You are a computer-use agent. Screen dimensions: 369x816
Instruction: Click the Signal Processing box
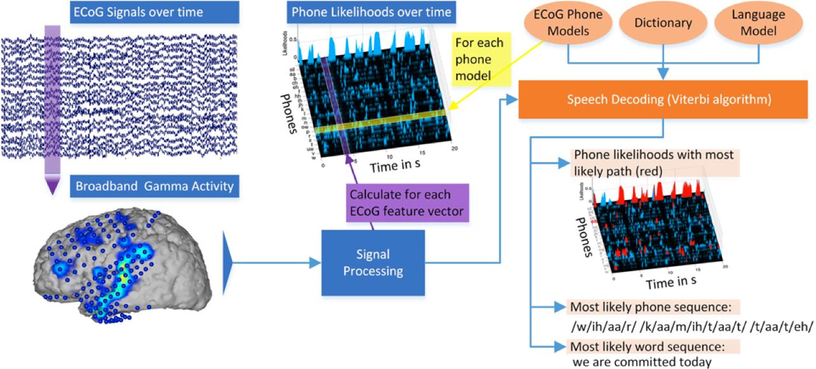(x=372, y=262)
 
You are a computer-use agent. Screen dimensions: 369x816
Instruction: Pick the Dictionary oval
(x=663, y=23)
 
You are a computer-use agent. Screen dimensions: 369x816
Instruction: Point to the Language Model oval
(x=758, y=23)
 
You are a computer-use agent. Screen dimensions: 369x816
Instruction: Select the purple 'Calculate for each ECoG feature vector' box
(x=407, y=203)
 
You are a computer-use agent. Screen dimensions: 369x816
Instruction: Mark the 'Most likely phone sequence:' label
(x=651, y=307)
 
